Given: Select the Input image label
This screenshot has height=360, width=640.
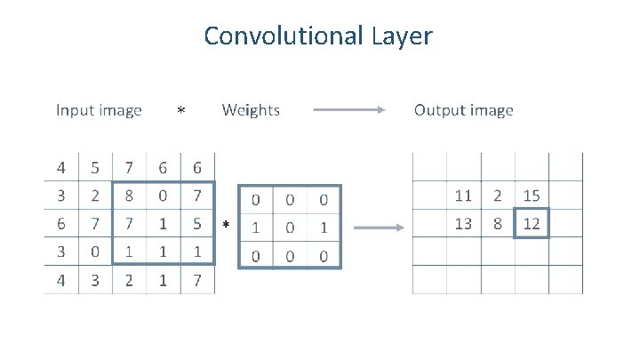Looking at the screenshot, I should point(99,110).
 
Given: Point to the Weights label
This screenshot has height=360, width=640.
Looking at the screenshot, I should point(251,110).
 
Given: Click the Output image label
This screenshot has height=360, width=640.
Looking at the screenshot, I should point(463,110).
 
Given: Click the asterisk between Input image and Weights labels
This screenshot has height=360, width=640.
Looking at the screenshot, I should point(180,112).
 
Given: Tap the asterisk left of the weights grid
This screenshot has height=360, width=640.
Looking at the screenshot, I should point(226,228).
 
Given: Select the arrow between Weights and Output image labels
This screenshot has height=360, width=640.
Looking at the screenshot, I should point(349,111).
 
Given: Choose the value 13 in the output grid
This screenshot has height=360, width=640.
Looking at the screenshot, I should point(463,224).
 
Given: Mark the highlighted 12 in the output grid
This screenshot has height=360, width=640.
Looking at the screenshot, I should point(532,224).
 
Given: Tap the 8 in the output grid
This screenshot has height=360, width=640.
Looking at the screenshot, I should point(498,224).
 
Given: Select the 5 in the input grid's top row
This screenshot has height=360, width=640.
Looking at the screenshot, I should point(95,167).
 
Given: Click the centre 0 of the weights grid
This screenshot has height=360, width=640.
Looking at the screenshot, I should point(290,228).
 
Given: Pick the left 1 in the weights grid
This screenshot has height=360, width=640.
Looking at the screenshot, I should point(256,228).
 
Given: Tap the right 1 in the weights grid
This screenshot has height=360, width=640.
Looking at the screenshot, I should point(324,228).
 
